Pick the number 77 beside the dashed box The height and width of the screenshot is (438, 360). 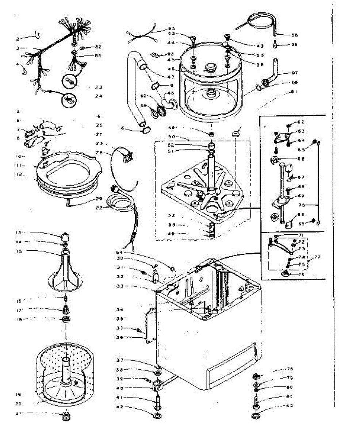pos(317,257)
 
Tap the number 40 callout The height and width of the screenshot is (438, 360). pos(140,388)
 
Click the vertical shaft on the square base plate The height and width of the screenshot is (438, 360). pos(211,172)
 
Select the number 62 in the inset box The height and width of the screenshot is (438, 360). pos(300,122)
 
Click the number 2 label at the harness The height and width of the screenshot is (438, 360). pos(17,38)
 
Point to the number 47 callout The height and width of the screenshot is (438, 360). pos(171,77)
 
